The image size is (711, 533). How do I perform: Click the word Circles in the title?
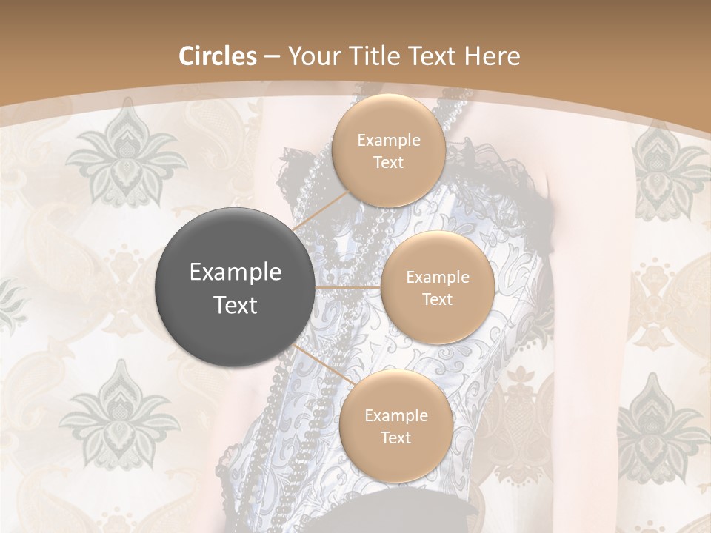(218, 56)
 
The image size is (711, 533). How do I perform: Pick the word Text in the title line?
(437, 56)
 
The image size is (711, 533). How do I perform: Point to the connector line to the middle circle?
(348, 287)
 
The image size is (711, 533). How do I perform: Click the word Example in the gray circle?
(236, 272)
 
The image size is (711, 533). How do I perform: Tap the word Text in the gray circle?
(236, 305)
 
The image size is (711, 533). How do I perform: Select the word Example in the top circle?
(389, 141)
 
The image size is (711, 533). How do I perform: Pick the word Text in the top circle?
(388, 162)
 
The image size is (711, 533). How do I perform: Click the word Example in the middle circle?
(438, 278)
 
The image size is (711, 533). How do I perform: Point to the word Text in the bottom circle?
(395, 438)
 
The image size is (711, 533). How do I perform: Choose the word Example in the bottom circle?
(396, 416)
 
